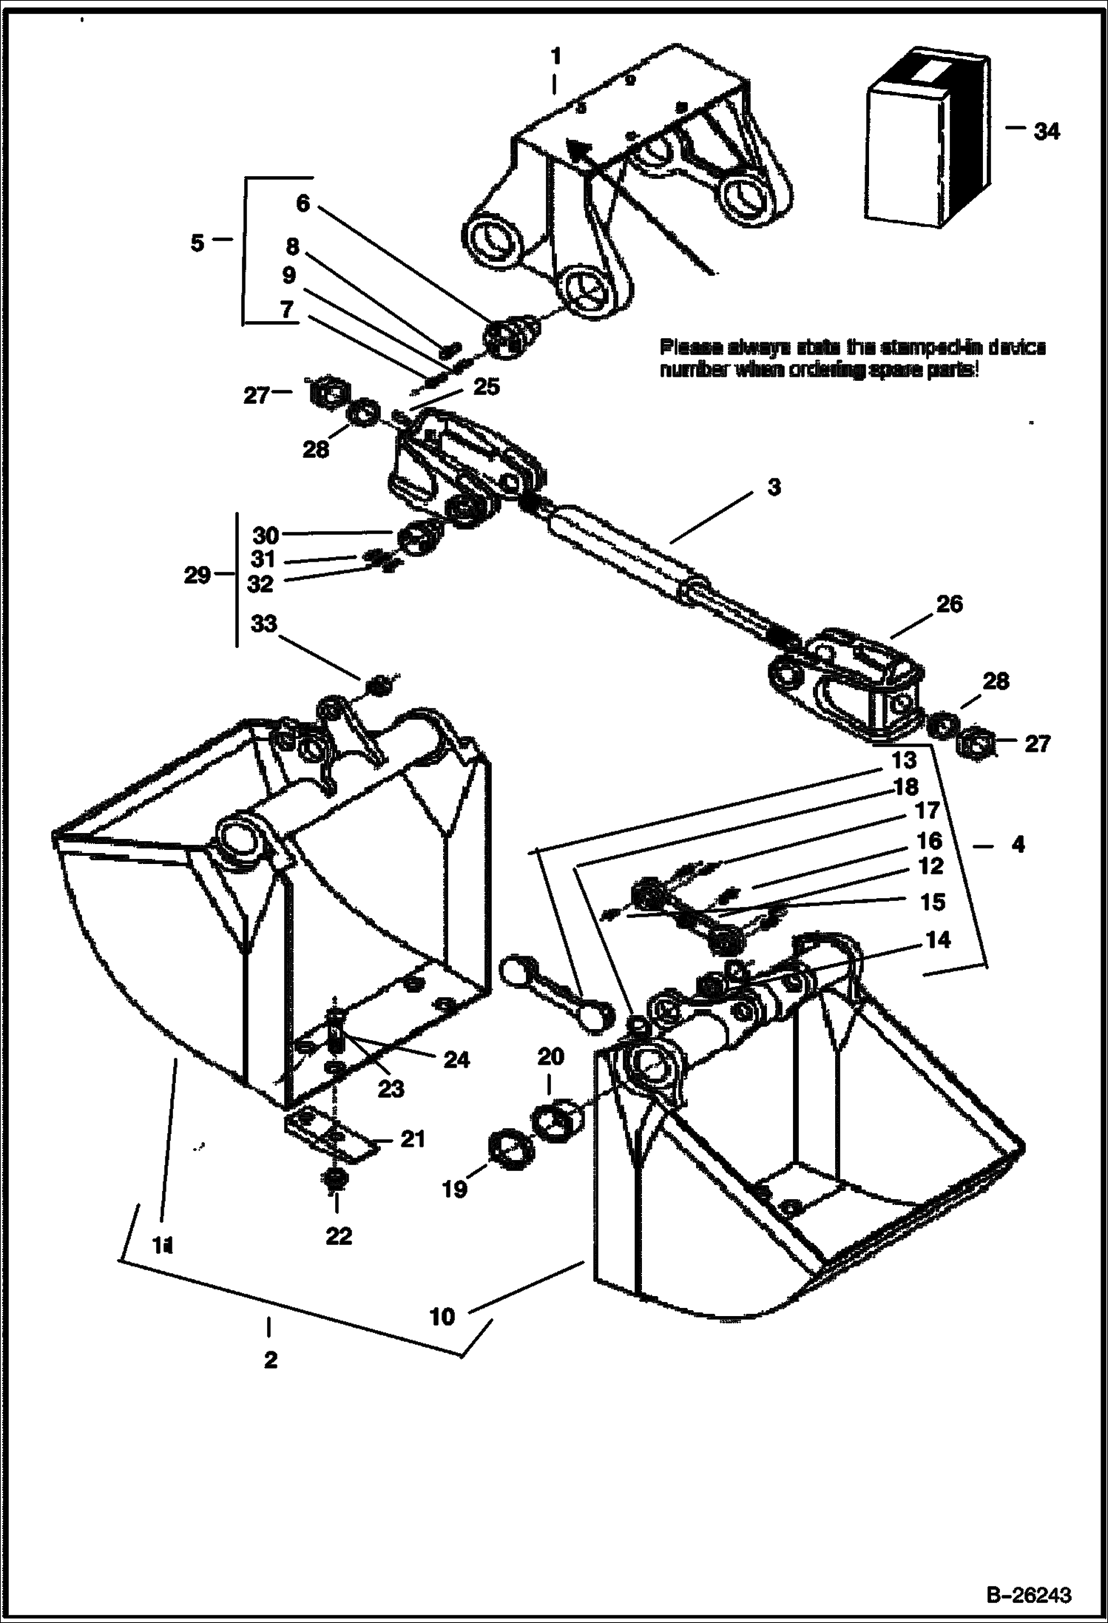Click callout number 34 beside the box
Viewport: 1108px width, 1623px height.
point(1046,132)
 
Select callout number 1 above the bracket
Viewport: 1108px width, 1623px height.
point(555,56)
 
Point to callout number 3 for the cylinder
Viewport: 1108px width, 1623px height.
point(773,488)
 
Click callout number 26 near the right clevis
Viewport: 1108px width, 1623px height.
point(950,604)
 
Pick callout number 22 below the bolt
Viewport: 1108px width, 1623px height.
point(339,1236)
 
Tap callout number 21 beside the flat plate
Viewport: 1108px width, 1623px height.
point(413,1139)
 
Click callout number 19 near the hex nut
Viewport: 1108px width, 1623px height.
point(455,1189)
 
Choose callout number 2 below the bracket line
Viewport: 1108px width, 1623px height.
point(270,1360)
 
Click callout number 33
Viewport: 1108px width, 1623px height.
point(264,624)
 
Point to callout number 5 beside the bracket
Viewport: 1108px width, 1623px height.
point(197,243)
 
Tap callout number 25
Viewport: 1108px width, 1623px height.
point(486,386)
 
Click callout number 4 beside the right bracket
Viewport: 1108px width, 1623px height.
point(1018,844)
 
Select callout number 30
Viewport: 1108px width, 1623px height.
point(265,534)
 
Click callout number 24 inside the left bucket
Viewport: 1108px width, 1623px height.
point(456,1060)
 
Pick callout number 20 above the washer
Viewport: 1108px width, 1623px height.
point(550,1057)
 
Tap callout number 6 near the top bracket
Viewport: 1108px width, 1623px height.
point(303,203)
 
